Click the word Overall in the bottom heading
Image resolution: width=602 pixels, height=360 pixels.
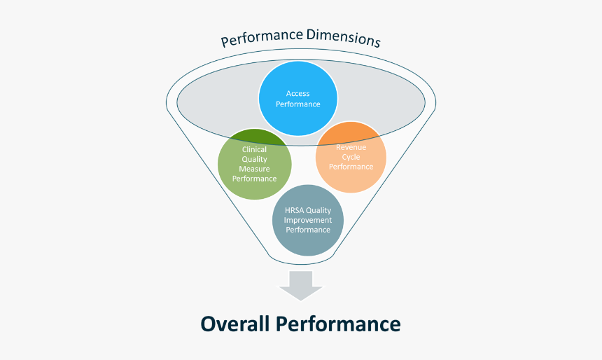234,324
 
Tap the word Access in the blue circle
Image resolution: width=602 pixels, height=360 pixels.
297,93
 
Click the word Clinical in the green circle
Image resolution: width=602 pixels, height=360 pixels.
254,149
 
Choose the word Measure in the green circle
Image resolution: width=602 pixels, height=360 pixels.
254,169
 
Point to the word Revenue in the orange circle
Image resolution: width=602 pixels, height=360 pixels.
351,147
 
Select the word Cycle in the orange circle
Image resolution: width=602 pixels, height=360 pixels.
351,157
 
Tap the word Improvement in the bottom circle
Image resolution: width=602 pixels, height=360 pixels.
307,220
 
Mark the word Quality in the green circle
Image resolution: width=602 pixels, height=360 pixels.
254,159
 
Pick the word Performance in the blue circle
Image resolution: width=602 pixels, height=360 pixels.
297,104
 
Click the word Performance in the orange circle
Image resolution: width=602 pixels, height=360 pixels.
351,167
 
